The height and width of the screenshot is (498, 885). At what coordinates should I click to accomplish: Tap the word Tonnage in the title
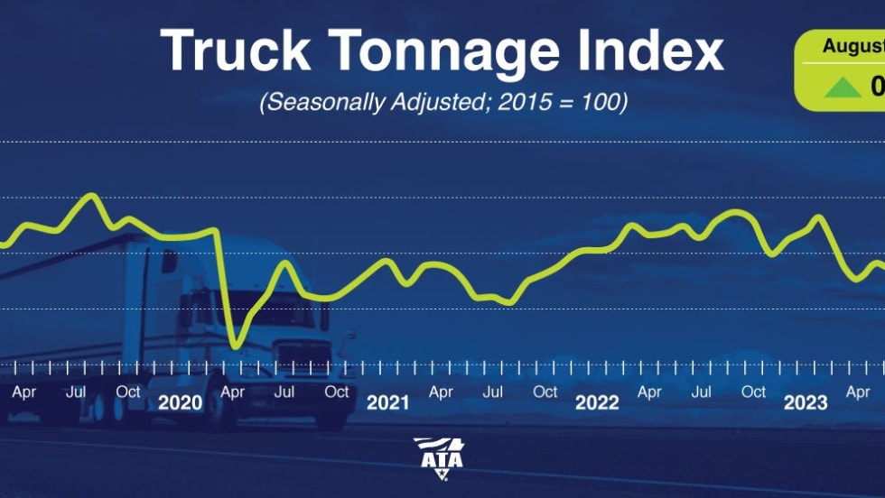click(x=451, y=52)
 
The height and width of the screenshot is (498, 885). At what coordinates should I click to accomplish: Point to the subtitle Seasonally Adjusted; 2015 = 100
click(x=442, y=102)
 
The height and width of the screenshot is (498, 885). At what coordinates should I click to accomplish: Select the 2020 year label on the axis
click(x=180, y=402)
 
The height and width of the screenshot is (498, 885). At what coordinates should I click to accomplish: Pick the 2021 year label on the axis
click(x=387, y=402)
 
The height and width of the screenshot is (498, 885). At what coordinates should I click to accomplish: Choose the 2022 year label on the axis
click(x=597, y=402)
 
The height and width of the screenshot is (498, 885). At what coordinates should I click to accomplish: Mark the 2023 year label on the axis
click(x=805, y=402)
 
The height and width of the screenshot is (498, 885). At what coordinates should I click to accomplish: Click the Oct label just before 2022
click(x=545, y=392)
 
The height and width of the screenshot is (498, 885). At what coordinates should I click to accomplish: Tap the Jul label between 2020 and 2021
click(x=284, y=392)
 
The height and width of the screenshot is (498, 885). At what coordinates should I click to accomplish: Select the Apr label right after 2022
click(x=649, y=392)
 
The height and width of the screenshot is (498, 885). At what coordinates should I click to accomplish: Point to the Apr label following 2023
click(x=857, y=392)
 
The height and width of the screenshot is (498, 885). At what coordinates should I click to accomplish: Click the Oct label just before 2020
click(x=128, y=392)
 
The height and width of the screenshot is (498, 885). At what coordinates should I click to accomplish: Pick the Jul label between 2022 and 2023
click(x=701, y=392)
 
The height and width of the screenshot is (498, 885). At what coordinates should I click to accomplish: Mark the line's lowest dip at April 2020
click(x=236, y=344)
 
